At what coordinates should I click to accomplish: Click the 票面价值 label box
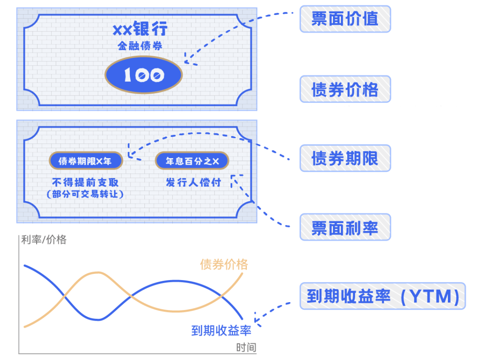[345, 19]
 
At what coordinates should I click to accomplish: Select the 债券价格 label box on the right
[345, 89]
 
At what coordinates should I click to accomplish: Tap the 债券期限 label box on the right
[345, 158]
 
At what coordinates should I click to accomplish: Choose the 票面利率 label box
[345, 227]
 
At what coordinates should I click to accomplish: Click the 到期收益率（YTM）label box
[382, 296]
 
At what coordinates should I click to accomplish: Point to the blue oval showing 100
[144, 75]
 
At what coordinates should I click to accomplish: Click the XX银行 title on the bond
[140, 30]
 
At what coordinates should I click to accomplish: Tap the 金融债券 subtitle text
[140, 45]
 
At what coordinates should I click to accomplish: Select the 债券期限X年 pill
[85, 161]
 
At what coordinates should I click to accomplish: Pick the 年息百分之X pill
[192, 161]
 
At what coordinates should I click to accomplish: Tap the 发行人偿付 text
[193, 182]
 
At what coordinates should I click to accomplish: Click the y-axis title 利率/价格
[44, 240]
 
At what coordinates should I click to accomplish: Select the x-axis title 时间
[246, 348]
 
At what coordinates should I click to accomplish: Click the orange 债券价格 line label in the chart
[224, 264]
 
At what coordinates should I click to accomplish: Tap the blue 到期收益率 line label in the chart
[221, 330]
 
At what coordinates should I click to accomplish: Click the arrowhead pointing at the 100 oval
[187, 59]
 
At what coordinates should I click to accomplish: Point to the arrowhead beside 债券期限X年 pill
[130, 153]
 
